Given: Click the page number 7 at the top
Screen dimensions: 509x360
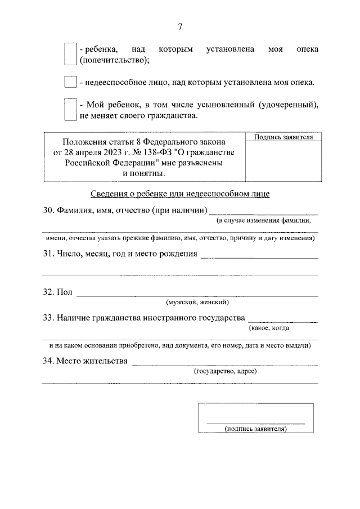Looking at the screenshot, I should [x=180, y=27].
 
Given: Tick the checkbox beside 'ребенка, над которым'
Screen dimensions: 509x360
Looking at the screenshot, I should [x=70, y=54].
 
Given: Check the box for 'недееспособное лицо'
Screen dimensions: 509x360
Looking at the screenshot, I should [x=70, y=82].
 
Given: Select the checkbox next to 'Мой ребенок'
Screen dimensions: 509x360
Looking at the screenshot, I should [x=70, y=110].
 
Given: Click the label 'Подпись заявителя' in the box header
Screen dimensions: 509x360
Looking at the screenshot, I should [x=284, y=137].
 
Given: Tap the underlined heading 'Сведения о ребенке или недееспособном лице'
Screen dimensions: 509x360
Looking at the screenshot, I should [x=180, y=194].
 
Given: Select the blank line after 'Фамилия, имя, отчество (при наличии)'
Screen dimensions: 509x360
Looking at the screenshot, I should [x=263, y=213].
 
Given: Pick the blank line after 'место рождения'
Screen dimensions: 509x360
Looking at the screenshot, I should [x=259, y=256].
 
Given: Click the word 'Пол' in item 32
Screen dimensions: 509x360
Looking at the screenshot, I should [x=65, y=292].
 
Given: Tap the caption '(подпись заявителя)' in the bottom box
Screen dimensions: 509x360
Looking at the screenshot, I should [x=256, y=429].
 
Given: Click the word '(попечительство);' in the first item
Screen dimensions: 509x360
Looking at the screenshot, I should [x=114, y=59].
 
